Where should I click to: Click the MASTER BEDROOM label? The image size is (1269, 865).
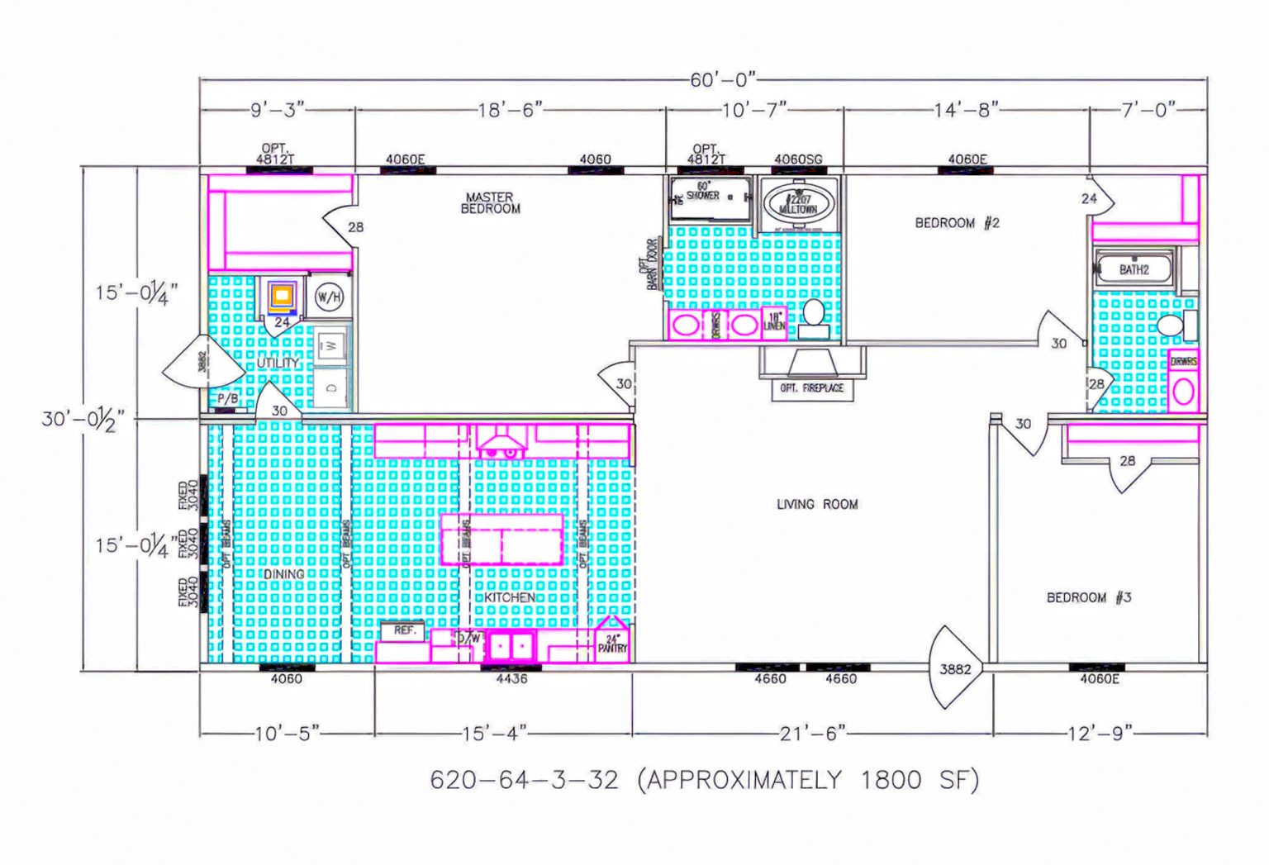(490, 203)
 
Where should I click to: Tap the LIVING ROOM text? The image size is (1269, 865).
(816, 504)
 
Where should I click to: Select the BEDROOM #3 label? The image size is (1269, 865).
(1088, 597)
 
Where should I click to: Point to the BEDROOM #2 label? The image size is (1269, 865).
(957, 223)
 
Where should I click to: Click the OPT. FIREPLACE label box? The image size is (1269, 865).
(811, 388)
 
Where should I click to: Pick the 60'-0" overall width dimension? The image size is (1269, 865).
(723, 80)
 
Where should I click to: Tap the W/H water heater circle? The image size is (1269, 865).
(329, 297)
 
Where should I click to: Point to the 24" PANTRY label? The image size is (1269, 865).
(612, 644)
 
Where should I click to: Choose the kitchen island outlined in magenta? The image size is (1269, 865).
(502, 539)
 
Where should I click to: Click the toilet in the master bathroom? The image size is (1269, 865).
(814, 318)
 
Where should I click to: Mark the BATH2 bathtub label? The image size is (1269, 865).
(1134, 270)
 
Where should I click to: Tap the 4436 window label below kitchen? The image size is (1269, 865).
(511, 679)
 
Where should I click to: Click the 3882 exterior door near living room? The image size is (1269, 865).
(955, 669)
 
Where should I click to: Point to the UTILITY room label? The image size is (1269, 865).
(278, 363)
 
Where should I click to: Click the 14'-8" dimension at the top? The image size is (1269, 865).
(966, 109)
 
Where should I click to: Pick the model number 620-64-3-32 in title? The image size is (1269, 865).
(524, 780)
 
